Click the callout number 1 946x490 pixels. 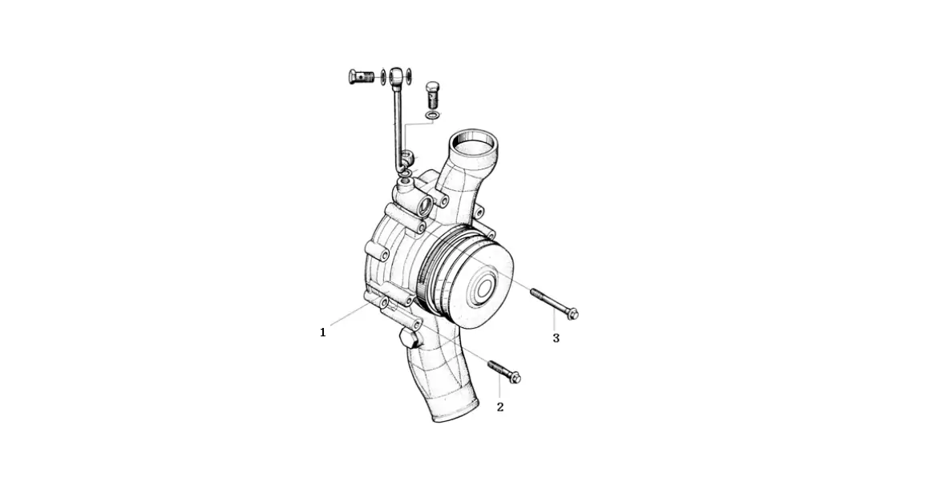coord(323,332)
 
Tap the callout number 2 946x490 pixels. coord(500,407)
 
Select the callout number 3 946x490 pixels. coord(556,338)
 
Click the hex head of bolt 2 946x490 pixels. coord(515,379)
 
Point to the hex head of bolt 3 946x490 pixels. coord(573,314)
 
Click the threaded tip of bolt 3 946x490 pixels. coord(534,293)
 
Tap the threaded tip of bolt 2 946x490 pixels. coord(491,364)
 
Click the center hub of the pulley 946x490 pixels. coord(484,289)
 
